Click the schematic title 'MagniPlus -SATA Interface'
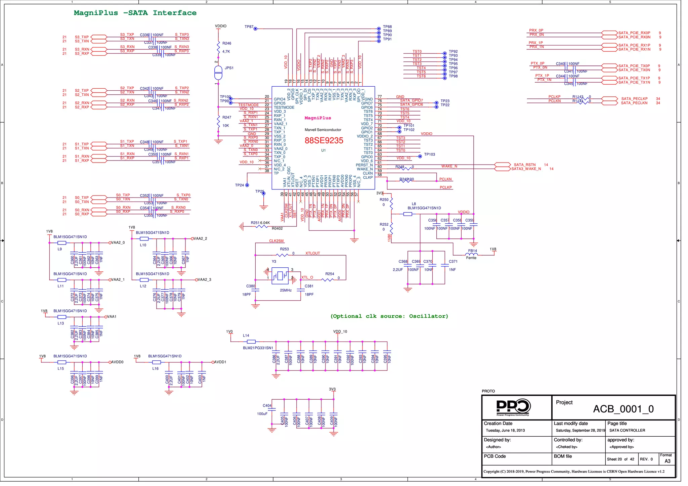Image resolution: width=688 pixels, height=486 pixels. tap(135, 13)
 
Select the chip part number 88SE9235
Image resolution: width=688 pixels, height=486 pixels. tap(324, 140)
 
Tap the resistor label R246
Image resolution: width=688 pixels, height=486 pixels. tap(227, 43)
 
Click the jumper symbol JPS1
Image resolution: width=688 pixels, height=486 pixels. tap(218, 73)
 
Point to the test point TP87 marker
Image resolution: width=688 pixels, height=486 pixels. tap(255, 29)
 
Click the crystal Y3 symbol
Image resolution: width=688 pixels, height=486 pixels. tap(280, 276)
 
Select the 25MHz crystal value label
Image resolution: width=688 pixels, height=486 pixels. tap(286, 290)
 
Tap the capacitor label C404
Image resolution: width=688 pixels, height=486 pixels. tap(267, 405)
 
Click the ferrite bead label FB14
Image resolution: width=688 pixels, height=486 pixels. tap(472, 251)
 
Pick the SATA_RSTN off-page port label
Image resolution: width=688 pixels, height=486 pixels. tap(524, 165)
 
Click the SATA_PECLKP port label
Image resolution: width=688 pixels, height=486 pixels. tap(634, 99)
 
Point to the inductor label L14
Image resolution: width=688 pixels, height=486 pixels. tap(246, 336)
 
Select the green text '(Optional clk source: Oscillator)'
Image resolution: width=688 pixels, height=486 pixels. tap(389, 316)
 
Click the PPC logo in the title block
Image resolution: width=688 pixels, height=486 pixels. tap(513, 407)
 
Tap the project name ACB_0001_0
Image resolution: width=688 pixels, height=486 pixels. tap(623, 409)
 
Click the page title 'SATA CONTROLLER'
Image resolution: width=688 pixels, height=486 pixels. tap(627, 430)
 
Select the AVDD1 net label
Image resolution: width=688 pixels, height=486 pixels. tap(220, 362)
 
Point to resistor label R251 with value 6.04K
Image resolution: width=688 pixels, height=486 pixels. tap(260, 223)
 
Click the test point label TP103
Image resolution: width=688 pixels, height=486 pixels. tap(429, 154)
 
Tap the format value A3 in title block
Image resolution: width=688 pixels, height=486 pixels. tap(667, 461)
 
